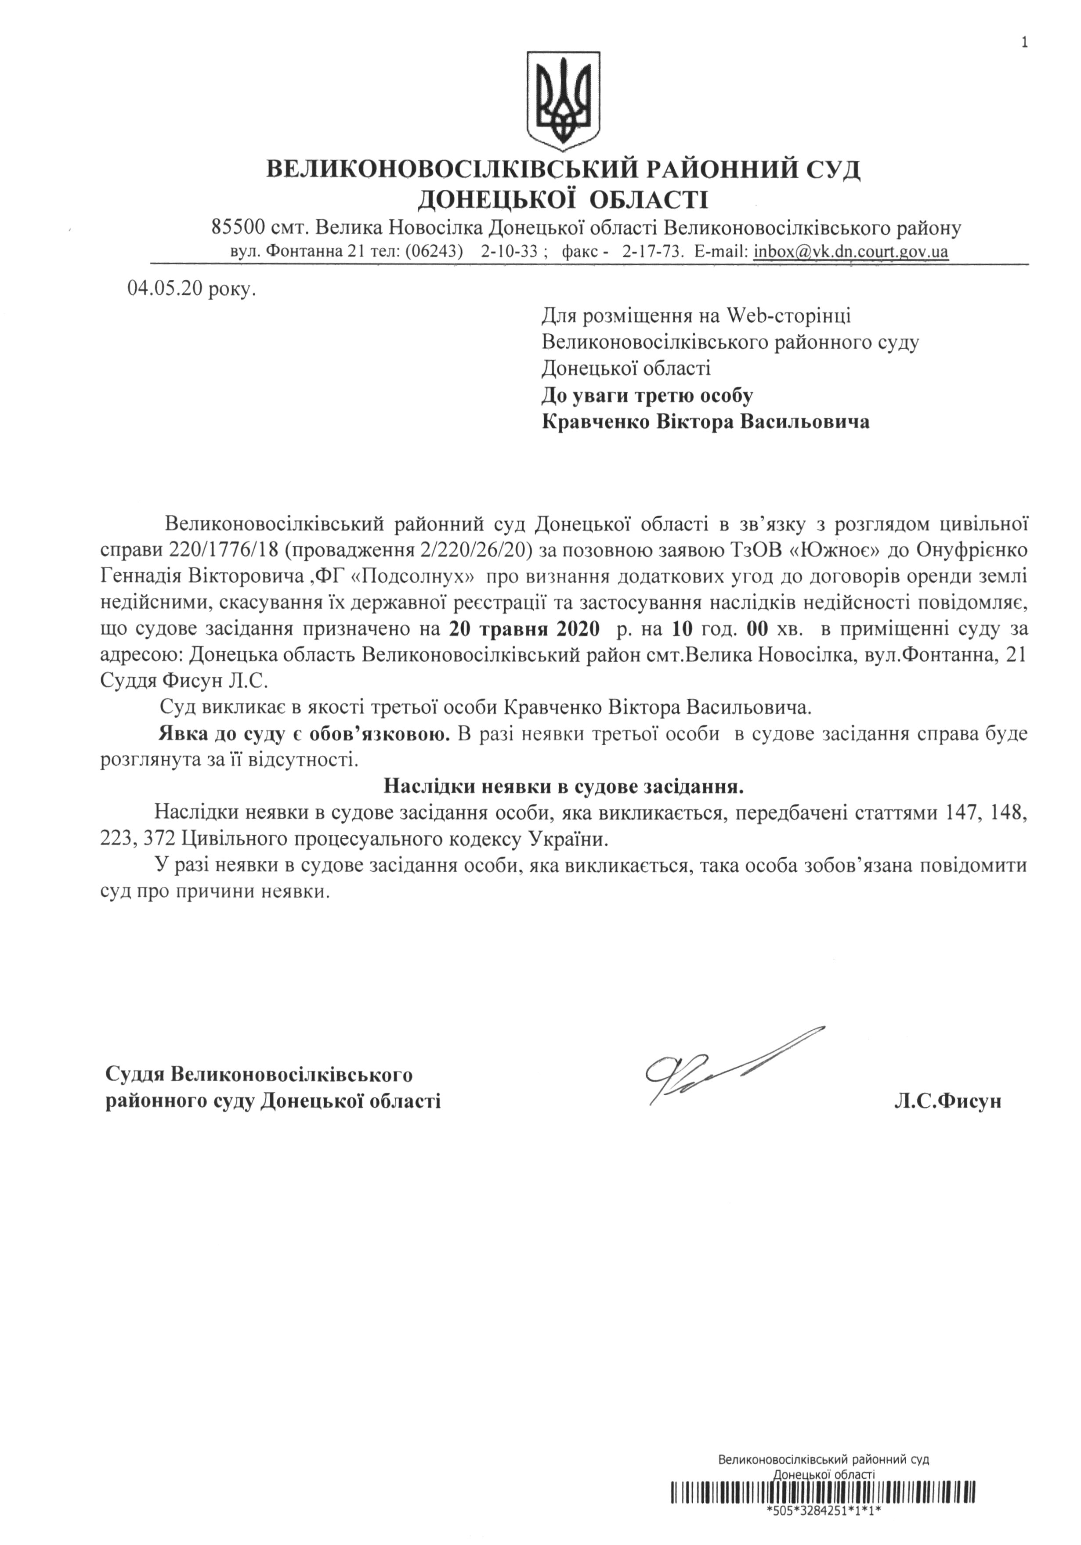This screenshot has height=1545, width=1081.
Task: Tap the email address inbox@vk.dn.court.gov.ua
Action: click(x=851, y=252)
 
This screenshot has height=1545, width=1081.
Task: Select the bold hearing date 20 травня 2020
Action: click(x=524, y=629)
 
